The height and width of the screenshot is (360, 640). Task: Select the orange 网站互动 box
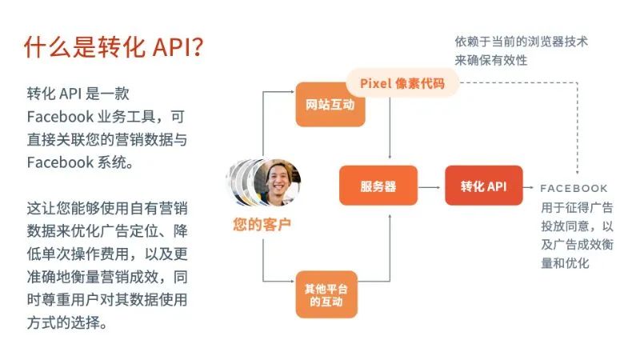[x=330, y=105]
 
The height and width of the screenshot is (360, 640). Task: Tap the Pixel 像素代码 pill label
[x=402, y=83]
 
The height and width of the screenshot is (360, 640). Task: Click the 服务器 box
[x=378, y=186]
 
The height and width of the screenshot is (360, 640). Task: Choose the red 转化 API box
[x=483, y=186]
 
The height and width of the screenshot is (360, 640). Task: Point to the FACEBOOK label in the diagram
[x=574, y=188]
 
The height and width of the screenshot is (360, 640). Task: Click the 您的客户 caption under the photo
[x=262, y=225]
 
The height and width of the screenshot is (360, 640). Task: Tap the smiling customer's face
[x=278, y=179]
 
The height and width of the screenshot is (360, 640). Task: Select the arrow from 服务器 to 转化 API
[x=432, y=187]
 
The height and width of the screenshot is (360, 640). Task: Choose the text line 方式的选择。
[x=67, y=324]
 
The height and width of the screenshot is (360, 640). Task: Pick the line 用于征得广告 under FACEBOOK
[x=577, y=208]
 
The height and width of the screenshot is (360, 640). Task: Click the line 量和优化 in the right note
[x=565, y=262]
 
